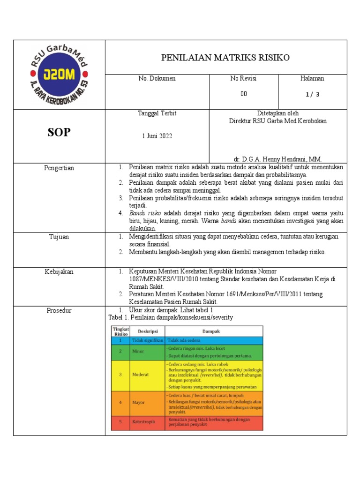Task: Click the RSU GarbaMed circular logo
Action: (59, 75)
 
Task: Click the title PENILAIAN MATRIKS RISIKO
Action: (225, 58)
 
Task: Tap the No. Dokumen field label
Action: (157, 79)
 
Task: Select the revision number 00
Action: (243, 94)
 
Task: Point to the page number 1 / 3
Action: (312, 94)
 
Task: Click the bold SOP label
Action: (59, 133)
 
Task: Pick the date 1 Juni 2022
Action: (157, 136)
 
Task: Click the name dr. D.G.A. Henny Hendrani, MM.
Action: (277, 158)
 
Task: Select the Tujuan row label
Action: (59, 237)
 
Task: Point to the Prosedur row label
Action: (59, 310)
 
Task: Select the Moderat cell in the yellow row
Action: (141, 375)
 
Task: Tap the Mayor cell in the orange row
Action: (139, 403)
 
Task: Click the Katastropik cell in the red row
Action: (143, 422)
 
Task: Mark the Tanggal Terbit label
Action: (157, 113)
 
